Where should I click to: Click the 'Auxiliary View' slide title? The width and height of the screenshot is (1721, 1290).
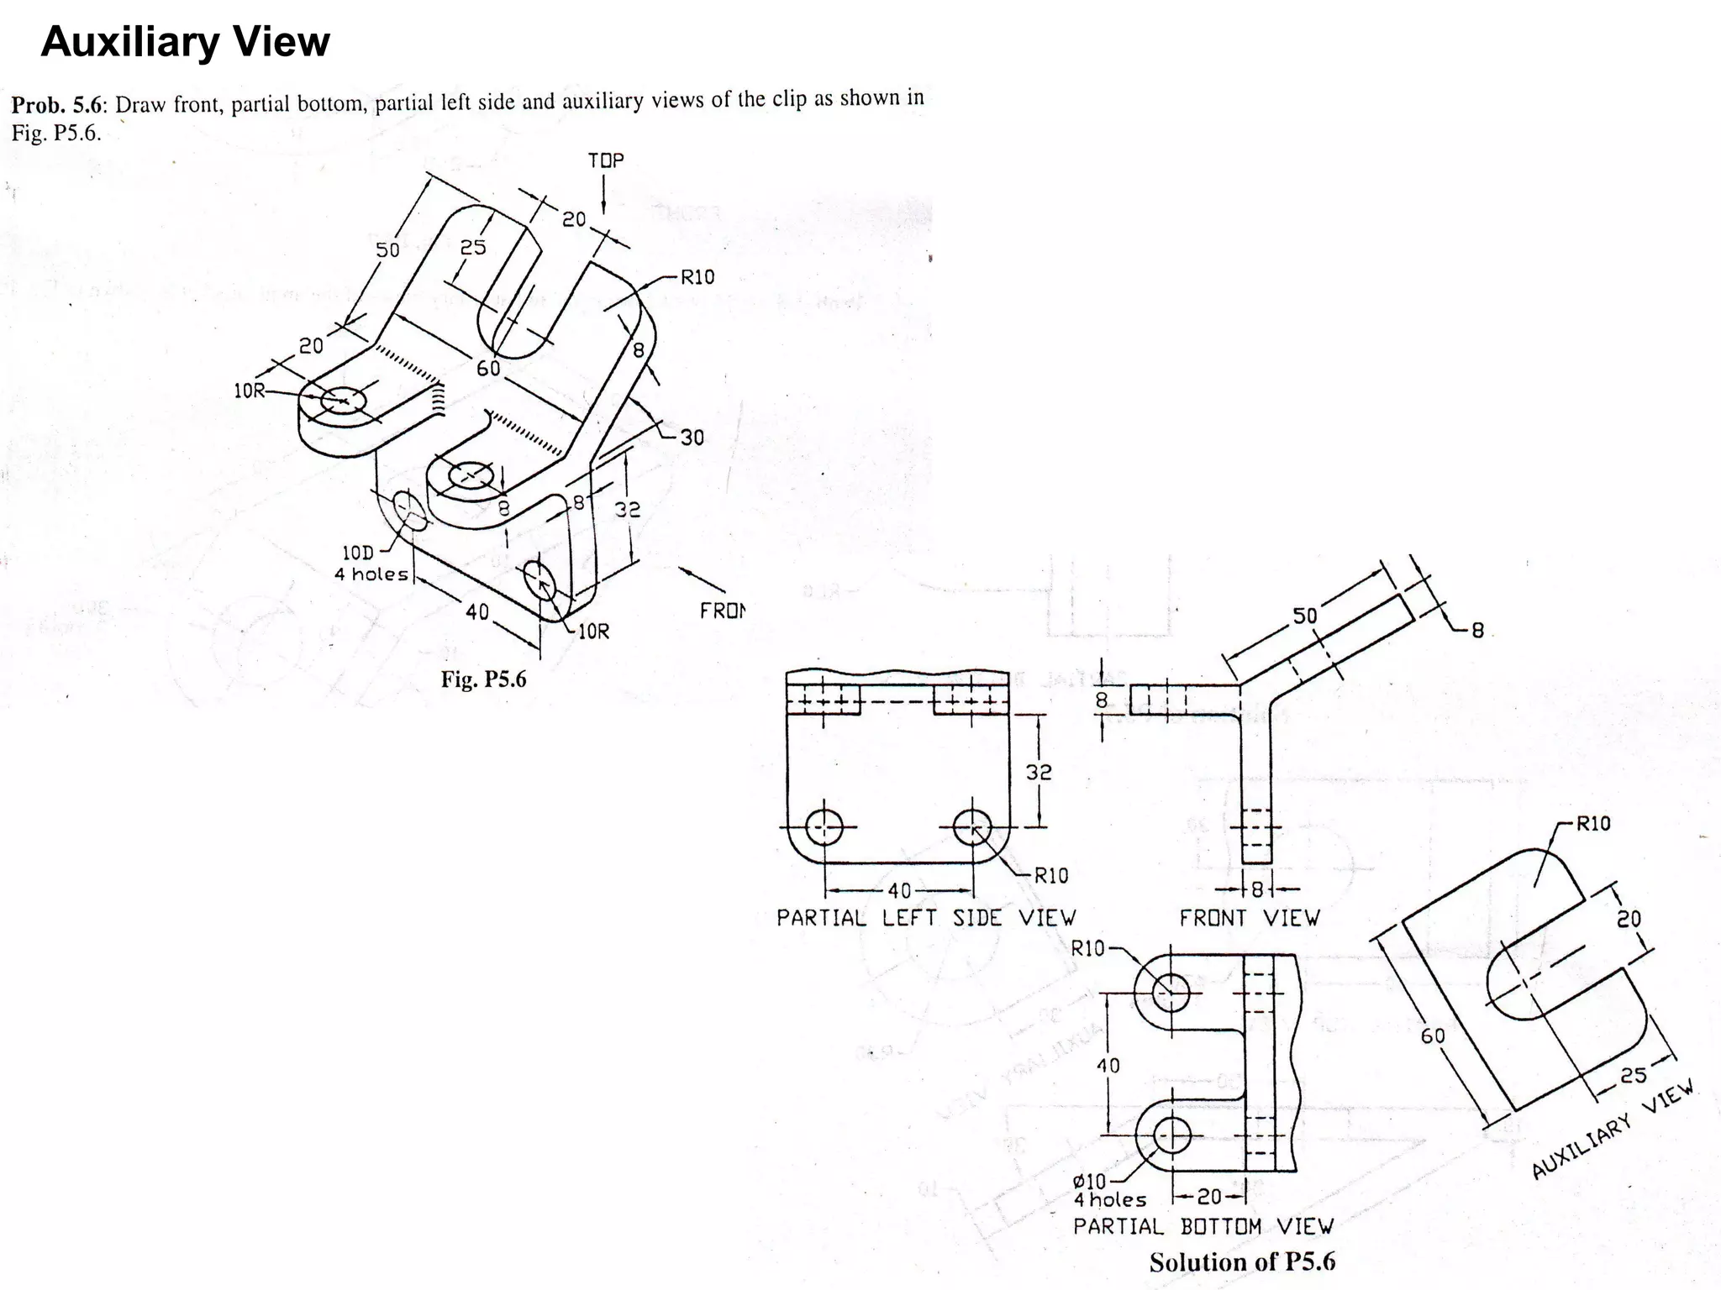[185, 42]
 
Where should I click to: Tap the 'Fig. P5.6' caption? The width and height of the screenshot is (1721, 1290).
[483, 679]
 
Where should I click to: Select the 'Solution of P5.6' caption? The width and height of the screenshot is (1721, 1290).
[1242, 1262]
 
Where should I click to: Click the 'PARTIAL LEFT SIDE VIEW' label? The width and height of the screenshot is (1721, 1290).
[925, 918]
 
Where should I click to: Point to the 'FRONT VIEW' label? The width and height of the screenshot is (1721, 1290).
[1250, 918]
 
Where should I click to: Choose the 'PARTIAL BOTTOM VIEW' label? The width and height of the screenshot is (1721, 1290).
[1203, 1227]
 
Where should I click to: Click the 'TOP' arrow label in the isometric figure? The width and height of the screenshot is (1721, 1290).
[606, 160]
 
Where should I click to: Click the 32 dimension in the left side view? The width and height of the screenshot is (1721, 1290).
[1039, 772]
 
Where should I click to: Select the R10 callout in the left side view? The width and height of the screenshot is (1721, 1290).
[1050, 876]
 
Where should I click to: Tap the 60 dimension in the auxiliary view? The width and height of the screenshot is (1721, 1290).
[1433, 1036]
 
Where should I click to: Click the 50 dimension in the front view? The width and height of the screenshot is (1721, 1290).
[1304, 616]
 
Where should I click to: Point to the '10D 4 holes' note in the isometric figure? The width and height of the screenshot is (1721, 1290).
[371, 564]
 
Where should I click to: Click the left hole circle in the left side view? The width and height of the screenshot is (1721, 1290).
[824, 827]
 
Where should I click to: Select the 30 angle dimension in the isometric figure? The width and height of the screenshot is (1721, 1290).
[692, 438]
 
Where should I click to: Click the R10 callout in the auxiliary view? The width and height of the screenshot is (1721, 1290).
[1593, 823]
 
